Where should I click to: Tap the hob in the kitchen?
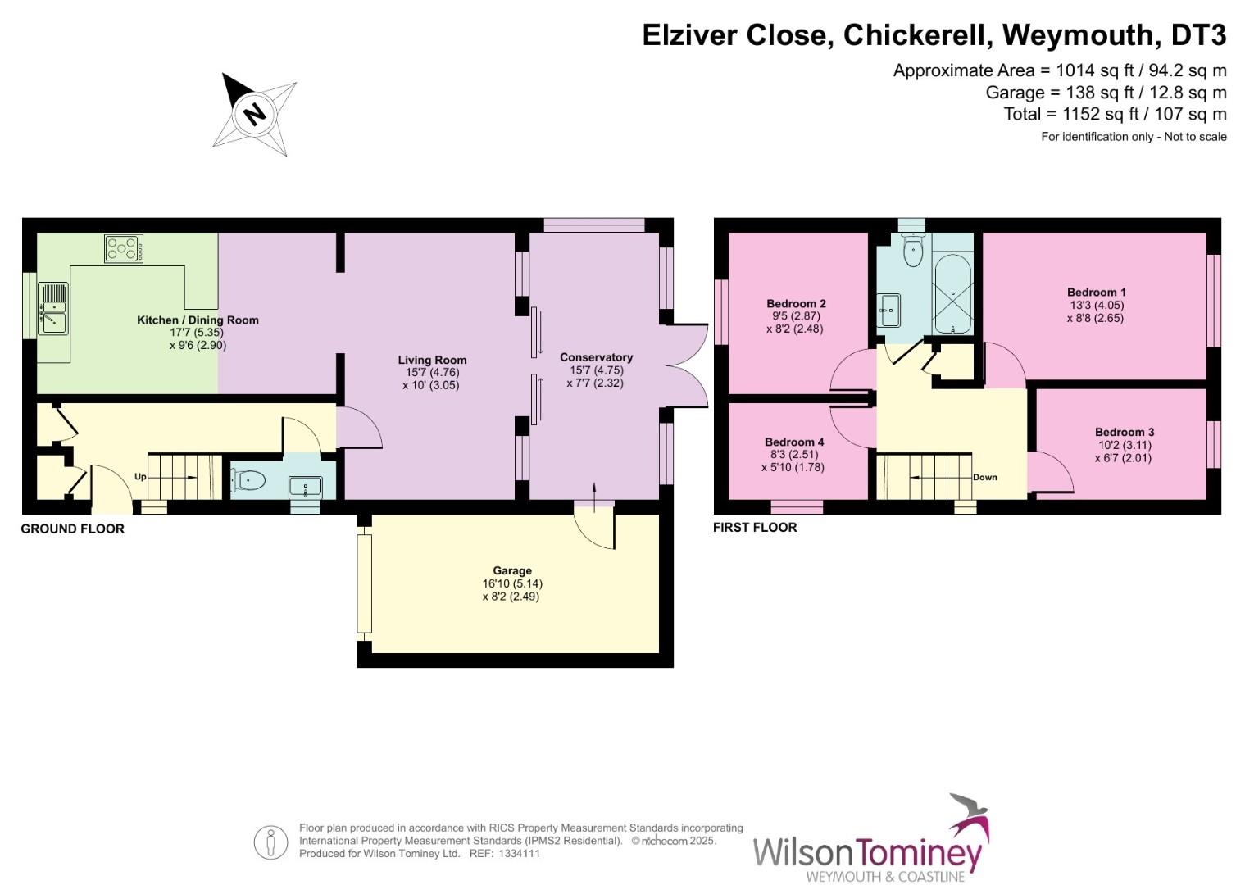click(124, 248)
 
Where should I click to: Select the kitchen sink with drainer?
click(52, 308)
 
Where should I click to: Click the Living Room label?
click(432, 360)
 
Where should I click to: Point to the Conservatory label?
click(596, 357)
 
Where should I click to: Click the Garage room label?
click(512, 570)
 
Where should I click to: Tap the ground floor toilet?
click(248, 480)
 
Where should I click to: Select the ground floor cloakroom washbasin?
click(306, 487)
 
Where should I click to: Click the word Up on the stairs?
click(140, 476)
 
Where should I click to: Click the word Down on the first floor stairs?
click(984, 477)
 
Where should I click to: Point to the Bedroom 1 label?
click(1096, 292)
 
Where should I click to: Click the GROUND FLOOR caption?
click(72, 529)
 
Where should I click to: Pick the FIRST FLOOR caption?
click(754, 527)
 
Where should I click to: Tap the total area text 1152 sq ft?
click(1115, 114)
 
